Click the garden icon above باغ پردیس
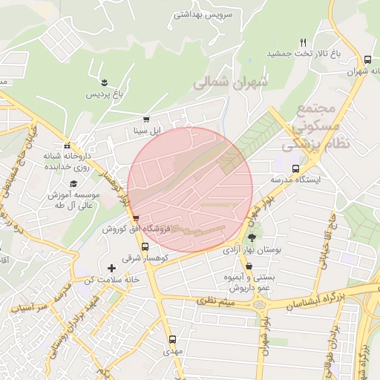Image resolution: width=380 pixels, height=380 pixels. coord(105,82)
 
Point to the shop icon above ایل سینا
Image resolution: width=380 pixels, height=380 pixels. coord(146,119)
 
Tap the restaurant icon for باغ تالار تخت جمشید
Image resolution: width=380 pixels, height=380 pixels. coord(303,42)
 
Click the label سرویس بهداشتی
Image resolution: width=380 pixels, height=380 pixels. coord(203,14)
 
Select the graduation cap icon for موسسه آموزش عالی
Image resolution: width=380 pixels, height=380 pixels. coord(73,184)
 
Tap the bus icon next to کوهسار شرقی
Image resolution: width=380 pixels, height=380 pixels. coord(145,246)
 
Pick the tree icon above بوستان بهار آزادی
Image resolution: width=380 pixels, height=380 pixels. coord(252,237)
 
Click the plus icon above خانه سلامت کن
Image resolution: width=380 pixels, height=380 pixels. coord(111,267)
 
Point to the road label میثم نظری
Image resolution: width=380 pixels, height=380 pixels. coord(216,301)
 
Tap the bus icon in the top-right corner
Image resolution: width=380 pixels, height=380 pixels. coord(368,59)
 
